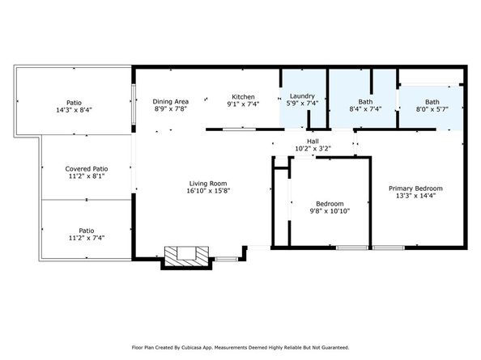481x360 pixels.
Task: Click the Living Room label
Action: click(x=208, y=184)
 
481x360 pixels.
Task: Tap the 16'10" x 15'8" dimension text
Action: click(x=208, y=191)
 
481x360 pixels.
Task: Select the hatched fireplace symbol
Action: click(x=186, y=256)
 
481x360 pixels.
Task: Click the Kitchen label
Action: click(x=243, y=97)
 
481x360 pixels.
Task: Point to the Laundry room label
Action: click(x=302, y=96)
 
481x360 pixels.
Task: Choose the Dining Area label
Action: click(x=171, y=101)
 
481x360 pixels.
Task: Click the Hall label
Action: click(x=313, y=142)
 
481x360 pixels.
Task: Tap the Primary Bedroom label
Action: click(x=415, y=188)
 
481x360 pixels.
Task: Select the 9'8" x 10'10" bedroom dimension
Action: click(x=330, y=211)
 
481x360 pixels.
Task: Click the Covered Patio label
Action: click(x=87, y=169)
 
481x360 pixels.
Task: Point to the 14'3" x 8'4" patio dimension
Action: click(x=74, y=110)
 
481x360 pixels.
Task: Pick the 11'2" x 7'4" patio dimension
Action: click(x=87, y=238)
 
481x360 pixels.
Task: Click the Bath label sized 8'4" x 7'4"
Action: click(x=365, y=101)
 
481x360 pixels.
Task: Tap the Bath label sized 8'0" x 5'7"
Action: click(x=432, y=102)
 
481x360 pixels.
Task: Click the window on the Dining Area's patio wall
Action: click(x=134, y=104)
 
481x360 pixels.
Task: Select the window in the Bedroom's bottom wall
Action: click(x=351, y=248)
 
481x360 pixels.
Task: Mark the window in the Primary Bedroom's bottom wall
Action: click(x=389, y=248)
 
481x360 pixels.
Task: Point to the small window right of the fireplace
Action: click(x=227, y=259)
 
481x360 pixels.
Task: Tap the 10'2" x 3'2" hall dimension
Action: click(x=313, y=149)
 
